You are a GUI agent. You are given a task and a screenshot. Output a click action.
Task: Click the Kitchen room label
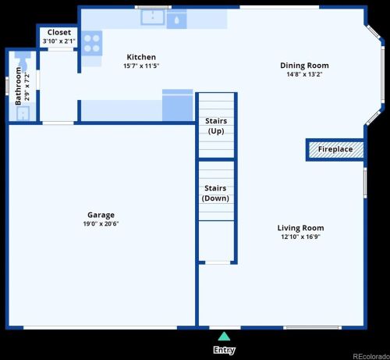tap(141, 57)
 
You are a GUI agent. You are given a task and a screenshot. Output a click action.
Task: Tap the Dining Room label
tap(304, 66)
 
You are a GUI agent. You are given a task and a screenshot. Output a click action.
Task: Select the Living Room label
tap(300, 228)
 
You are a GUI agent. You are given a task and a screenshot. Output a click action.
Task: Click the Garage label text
tap(101, 215)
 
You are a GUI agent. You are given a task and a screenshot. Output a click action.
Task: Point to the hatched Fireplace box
tap(335, 149)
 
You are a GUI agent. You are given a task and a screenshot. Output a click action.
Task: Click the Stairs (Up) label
tap(216, 126)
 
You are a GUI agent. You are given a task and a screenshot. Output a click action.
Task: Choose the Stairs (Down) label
tap(214, 193)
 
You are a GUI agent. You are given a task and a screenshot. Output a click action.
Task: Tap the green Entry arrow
tap(224, 337)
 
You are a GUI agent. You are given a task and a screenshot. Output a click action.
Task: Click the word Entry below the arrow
tap(224, 351)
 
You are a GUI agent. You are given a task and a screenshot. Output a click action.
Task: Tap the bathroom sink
tap(22, 113)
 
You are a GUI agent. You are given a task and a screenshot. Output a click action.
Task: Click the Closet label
tap(58, 33)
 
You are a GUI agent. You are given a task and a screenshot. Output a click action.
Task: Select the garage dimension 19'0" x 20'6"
tap(101, 223)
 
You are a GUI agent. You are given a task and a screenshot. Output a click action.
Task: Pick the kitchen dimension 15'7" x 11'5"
tap(141, 66)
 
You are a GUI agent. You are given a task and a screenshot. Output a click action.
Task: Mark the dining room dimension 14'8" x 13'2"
tap(304, 74)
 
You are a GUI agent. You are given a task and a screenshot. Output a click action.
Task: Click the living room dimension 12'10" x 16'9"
tap(300, 237)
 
